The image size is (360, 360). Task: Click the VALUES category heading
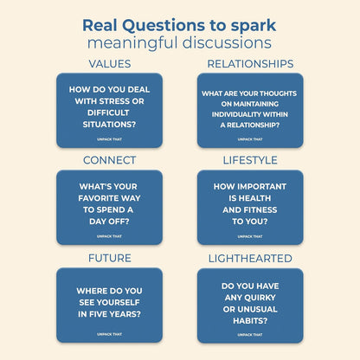click(109, 63)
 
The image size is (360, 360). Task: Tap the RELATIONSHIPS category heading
click(250, 63)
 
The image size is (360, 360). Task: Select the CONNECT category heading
click(109, 160)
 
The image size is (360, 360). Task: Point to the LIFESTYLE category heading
click(250, 160)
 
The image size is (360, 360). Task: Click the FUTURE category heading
click(109, 258)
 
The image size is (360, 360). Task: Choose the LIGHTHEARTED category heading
click(250, 258)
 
